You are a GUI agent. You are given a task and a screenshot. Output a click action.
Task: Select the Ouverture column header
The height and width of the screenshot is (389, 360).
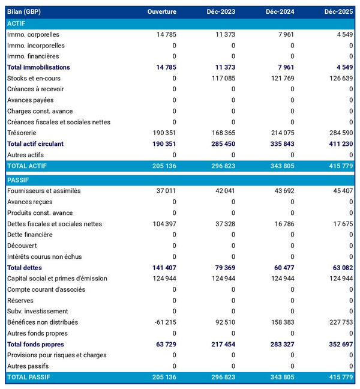[162, 12]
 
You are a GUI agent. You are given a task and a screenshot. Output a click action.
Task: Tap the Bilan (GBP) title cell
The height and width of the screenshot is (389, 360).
[25, 12]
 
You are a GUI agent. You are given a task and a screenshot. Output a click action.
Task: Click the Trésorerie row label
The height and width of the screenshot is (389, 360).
[22, 133]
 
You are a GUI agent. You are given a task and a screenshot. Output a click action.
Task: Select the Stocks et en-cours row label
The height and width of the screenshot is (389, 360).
[34, 78]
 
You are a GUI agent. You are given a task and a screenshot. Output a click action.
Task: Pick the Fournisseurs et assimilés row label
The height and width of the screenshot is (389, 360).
[43, 191]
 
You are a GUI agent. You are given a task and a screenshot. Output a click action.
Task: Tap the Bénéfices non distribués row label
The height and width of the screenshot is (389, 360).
[43, 322]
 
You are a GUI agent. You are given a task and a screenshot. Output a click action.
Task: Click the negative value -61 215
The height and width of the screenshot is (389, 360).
[163, 322]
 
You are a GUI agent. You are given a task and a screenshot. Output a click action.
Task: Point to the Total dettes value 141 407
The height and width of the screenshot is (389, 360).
[163, 268]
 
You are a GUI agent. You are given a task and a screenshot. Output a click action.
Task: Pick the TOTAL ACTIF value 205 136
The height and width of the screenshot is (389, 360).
[163, 165]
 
